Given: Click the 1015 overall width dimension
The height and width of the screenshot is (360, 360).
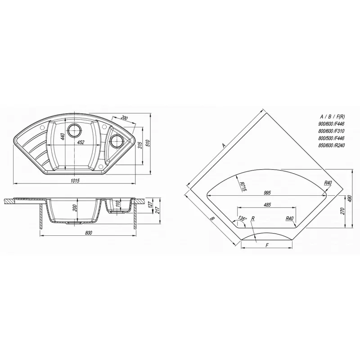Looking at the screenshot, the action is pyautogui.click(x=75, y=181).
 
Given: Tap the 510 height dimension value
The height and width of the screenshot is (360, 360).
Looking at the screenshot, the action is pyautogui.click(x=148, y=143).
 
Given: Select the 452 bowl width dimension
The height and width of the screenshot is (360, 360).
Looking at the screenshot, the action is pyautogui.click(x=81, y=142).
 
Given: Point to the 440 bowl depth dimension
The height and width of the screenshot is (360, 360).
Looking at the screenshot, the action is pyautogui.click(x=63, y=136).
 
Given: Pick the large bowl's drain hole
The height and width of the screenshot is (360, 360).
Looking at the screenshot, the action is pyautogui.click(x=74, y=130).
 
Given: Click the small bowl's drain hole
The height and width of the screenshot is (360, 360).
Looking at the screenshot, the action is pyautogui.click(x=117, y=141).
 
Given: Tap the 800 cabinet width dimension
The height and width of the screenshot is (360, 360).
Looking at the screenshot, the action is pyautogui.click(x=88, y=233).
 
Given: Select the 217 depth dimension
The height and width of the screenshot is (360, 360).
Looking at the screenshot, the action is pyautogui.click(x=157, y=210).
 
